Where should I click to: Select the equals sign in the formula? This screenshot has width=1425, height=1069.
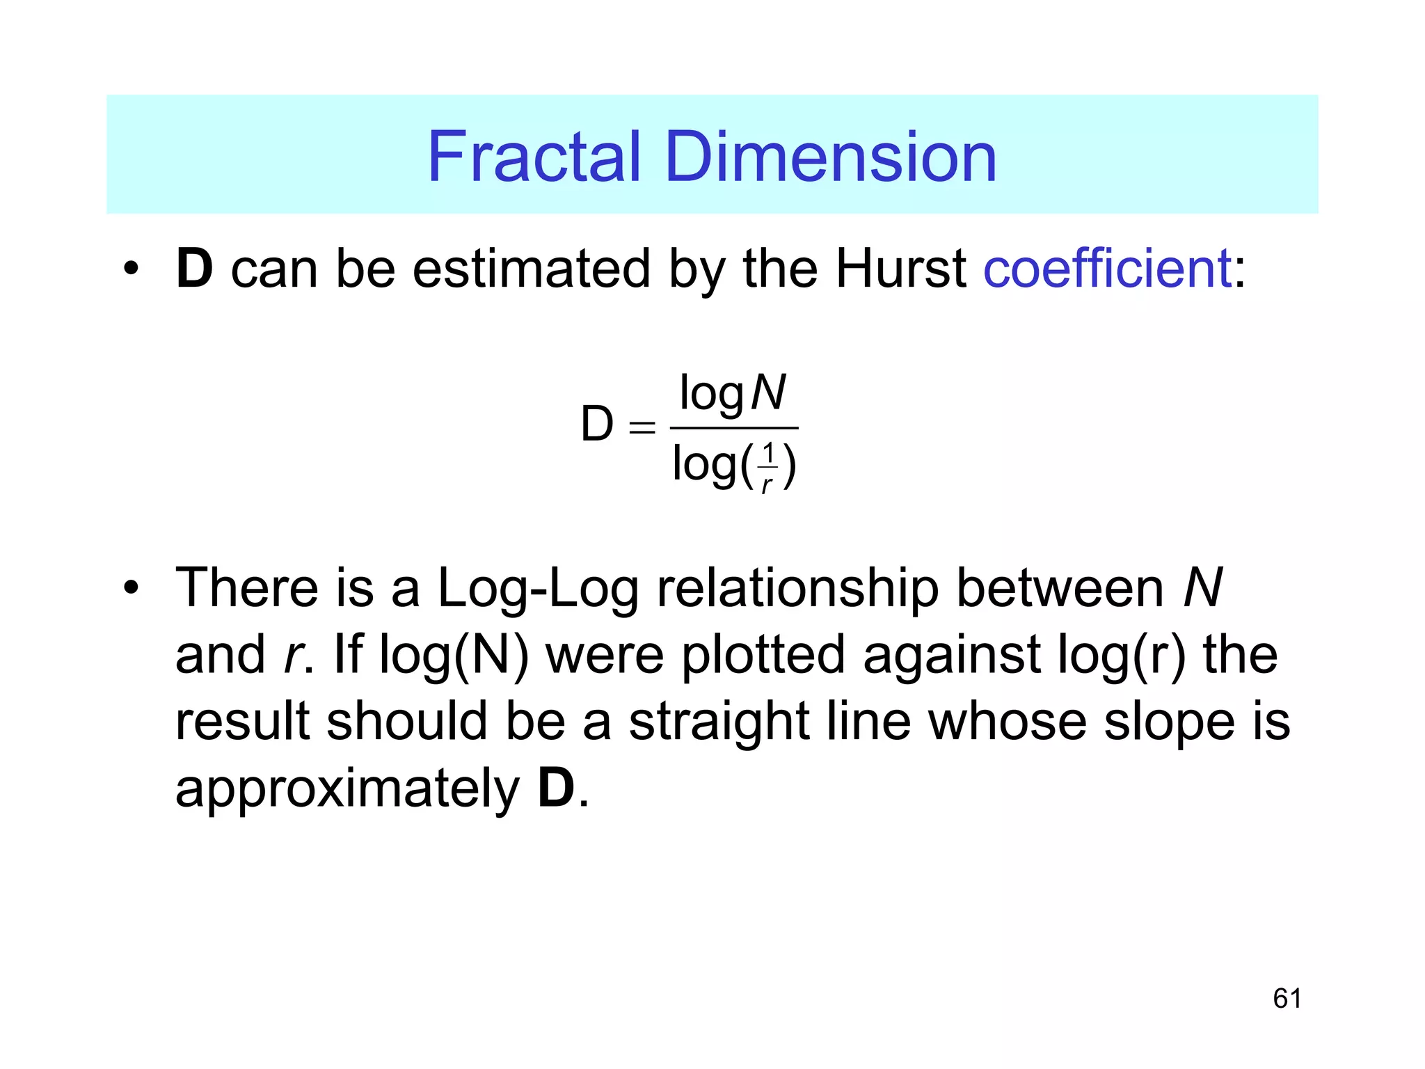(642, 427)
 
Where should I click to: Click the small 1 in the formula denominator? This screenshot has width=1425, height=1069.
(767, 454)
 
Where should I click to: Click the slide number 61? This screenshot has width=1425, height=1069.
(1287, 999)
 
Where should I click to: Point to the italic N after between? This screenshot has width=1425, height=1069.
(1202, 589)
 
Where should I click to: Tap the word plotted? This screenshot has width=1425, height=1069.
(763, 656)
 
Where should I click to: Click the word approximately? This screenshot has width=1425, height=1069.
(347, 789)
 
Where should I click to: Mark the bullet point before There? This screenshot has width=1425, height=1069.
(131, 589)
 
